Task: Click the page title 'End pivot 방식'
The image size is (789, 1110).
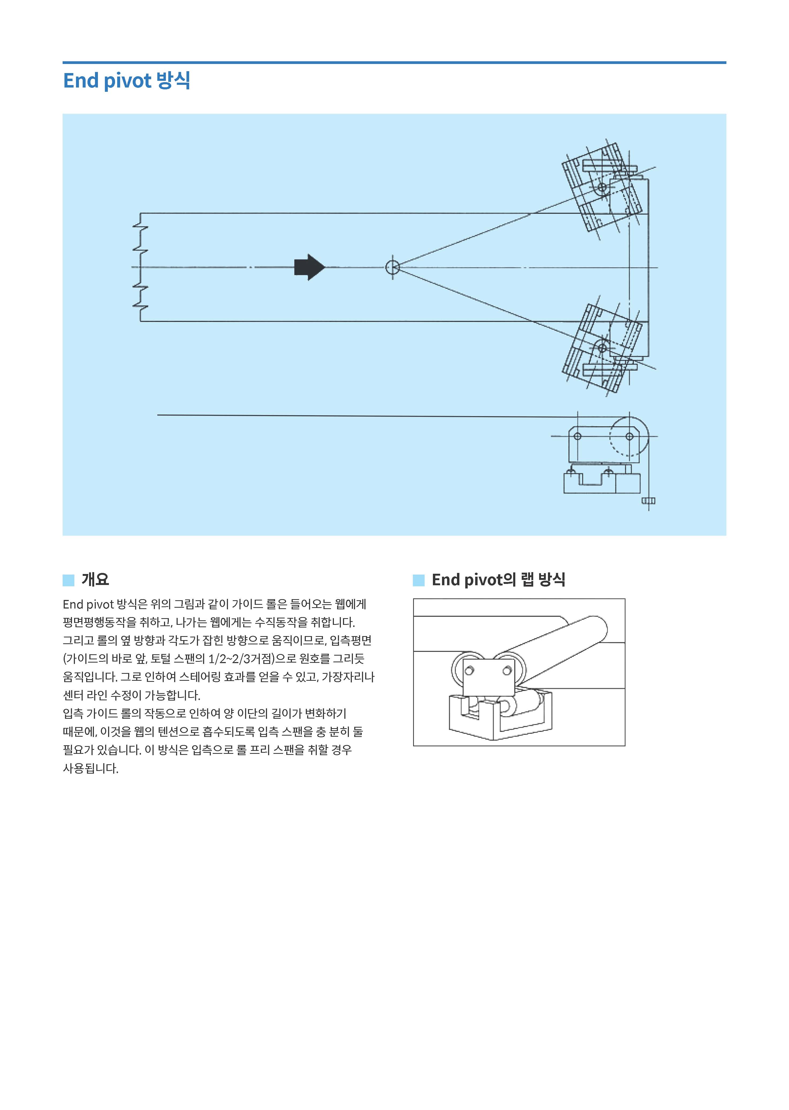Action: pyautogui.click(x=126, y=81)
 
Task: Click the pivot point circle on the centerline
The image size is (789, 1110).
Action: pyautogui.click(x=392, y=267)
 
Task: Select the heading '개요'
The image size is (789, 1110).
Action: pyautogui.click(x=95, y=579)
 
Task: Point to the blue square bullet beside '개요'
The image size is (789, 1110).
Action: pyautogui.click(x=68, y=580)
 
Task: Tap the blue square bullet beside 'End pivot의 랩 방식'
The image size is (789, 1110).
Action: pyautogui.click(x=418, y=580)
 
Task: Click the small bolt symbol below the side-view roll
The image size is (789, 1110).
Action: pyautogui.click(x=648, y=501)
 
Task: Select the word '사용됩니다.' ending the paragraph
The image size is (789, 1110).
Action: pyautogui.click(x=90, y=768)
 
